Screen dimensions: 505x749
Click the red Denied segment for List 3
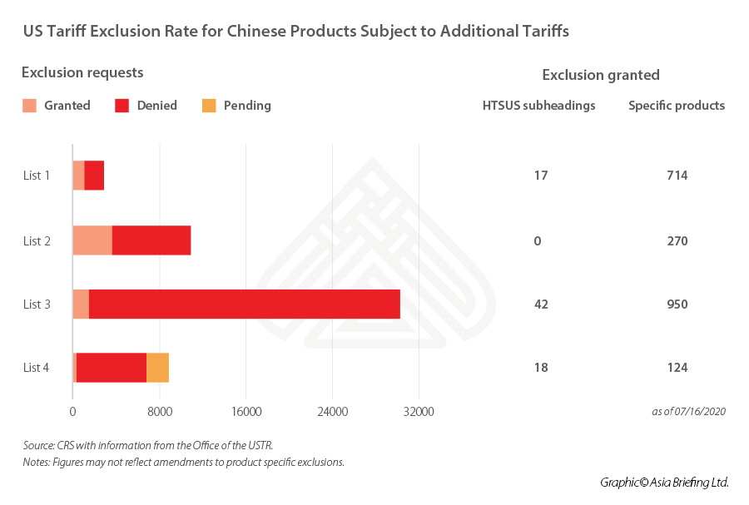pos(244,304)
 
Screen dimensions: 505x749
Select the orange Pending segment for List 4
pos(157,368)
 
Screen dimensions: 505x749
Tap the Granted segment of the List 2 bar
pos(92,240)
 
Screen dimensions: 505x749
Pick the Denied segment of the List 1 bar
pos(94,176)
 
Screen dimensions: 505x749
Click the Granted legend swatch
pos(29,106)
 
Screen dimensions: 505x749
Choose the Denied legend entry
pos(146,106)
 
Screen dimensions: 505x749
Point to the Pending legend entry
pos(236,106)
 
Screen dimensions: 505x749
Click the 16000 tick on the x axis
pos(246,411)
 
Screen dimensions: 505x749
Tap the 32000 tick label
pos(419,411)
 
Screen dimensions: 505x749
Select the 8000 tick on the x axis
pos(160,411)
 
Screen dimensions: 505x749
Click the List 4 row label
pos(37,368)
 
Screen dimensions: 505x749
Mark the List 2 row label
pos(37,241)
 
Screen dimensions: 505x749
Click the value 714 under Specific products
pos(677,176)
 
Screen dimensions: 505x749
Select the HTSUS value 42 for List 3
pos(541,304)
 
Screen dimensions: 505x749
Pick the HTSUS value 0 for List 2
pos(538,241)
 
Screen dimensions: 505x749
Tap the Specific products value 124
pos(677,368)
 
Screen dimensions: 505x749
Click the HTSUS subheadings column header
pos(538,106)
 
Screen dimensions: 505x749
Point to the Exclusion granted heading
pos(600,75)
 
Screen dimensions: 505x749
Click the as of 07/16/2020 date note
pos(688,412)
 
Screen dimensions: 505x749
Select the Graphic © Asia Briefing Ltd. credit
pos(664,482)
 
